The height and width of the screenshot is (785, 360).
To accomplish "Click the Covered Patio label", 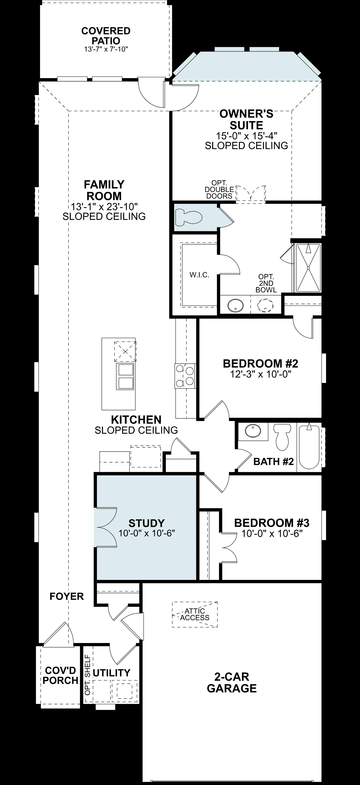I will tap(106, 36).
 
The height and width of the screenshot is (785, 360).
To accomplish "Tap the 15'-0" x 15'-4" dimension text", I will tap(246, 135).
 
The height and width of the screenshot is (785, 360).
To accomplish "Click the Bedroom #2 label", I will tap(260, 364).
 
